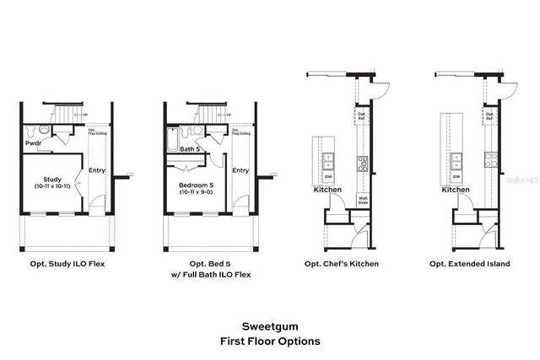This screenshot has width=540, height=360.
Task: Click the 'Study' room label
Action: pos(51,178)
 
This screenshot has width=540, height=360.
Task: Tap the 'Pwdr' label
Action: pos(33,143)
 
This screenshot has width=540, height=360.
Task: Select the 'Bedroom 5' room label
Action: pos(196,185)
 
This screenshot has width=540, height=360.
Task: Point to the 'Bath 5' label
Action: pos(190,149)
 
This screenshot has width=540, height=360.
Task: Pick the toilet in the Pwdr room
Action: pos(31,131)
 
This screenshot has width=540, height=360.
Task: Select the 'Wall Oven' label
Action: pos(363,200)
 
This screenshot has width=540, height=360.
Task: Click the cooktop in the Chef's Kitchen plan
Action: pos(363,162)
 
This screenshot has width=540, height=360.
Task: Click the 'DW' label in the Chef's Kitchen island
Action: pos(329,177)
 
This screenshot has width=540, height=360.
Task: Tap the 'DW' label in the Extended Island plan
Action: pos(456,177)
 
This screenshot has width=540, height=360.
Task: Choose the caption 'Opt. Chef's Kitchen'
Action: pos(341,264)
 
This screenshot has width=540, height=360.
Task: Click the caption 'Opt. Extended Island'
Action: pos(469,264)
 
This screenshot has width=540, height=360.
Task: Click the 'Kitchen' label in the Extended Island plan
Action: pos(456,190)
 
